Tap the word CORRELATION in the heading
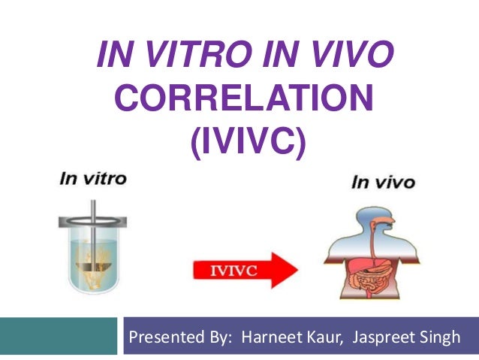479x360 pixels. coord(245,98)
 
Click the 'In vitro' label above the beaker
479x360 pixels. coord(93,178)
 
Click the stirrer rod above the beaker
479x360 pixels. coord(93,211)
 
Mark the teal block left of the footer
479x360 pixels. coord(59,336)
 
